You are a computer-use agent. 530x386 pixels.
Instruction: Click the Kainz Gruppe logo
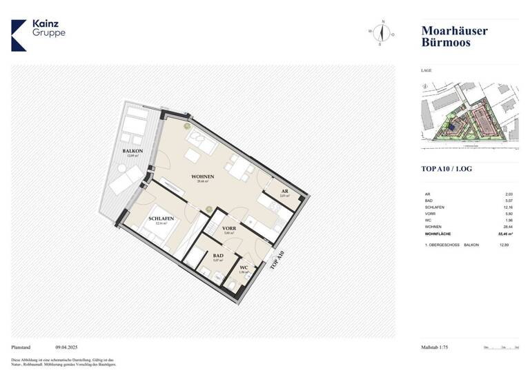pyautogui.click(x=39, y=34)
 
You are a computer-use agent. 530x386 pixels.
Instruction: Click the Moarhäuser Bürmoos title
pyautogui.click(x=454, y=37)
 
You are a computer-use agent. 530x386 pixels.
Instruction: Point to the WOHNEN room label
pyautogui.click(x=203, y=176)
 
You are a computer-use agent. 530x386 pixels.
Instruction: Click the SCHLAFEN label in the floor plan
pyautogui.click(x=161, y=219)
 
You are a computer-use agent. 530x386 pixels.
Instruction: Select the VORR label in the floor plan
pyautogui.click(x=229, y=228)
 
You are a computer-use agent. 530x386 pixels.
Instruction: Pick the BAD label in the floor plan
pyautogui.click(x=218, y=255)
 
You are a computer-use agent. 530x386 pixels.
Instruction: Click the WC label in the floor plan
pyautogui.click(x=244, y=267)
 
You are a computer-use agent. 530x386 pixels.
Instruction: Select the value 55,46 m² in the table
pyautogui.click(x=506, y=234)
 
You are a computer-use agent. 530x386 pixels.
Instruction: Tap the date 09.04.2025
pyautogui.click(x=68, y=347)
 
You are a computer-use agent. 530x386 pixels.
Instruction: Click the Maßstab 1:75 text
pyautogui.click(x=435, y=347)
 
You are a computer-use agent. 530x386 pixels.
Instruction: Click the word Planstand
pyautogui.click(x=22, y=347)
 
